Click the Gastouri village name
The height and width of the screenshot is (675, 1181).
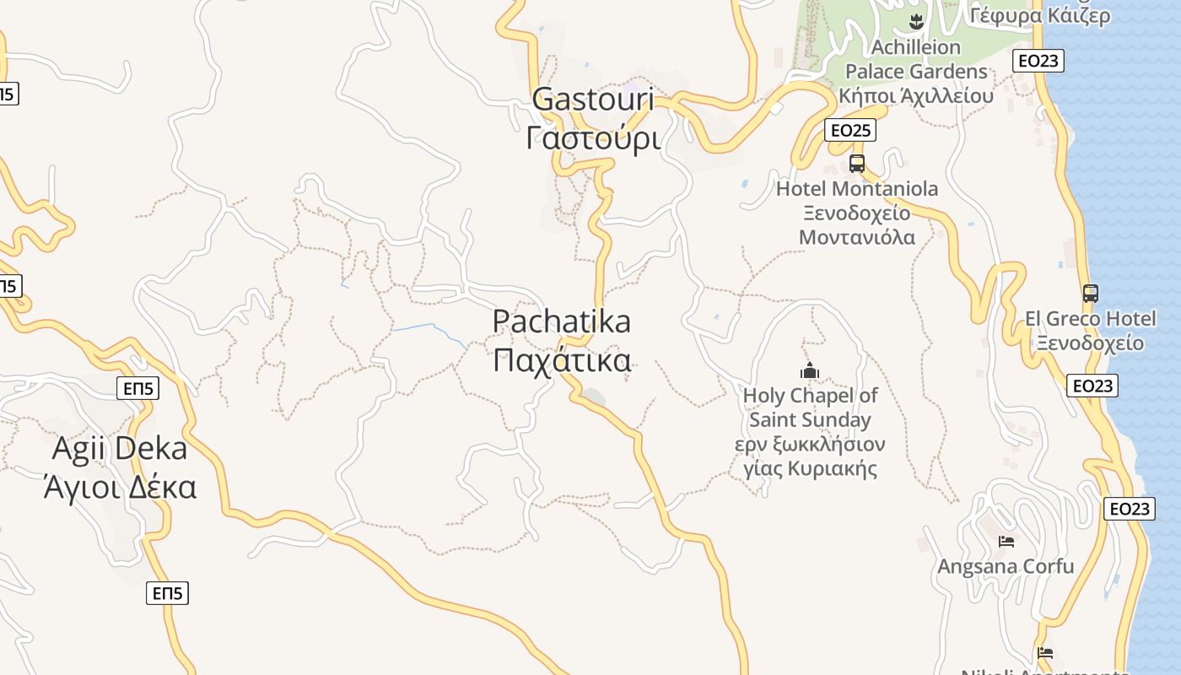pyautogui.click(x=593, y=100)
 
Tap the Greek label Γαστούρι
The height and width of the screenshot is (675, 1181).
pyautogui.click(x=593, y=138)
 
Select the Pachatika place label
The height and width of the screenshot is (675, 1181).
pyautogui.click(x=561, y=321)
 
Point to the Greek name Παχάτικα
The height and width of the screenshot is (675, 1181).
pyautogui.click(x=561, y=360)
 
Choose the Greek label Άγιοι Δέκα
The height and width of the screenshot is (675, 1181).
pyautogui.click(x=120, y=488)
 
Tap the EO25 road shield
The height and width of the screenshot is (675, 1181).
pyautogui.click(x=849, y=130)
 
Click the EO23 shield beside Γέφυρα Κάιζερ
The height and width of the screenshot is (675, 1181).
pyautogui.click(x=1038, y=61)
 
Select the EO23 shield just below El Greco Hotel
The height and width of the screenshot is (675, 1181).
pyautogui.click(x=1092, y=386)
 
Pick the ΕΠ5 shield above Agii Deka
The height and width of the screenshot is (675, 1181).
pyautogui.click(x=138, y=388)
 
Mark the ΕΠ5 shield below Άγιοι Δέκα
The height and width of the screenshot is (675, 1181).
pyautogui.click(x=167, y=593)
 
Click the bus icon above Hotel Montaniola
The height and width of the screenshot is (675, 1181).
pyautogui.click(x=857, y=164)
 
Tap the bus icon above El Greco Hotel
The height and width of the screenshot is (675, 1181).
pyautogui.click(x=1091, y=294)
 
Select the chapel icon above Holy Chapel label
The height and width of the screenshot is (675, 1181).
pyautogui.click(x=810, y=370)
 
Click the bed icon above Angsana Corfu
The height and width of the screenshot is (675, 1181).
pyautogui.click(x=1006, y=541)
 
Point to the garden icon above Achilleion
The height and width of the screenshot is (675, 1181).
pyautogui.click(x=916, y=20)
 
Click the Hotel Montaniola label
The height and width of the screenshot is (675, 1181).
pyautogui.click(x=857, y=189)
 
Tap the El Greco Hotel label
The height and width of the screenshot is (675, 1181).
pyautogui.click(x=1091, y=319)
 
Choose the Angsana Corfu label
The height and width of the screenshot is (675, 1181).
pyautogui.click(x=1006, y=566)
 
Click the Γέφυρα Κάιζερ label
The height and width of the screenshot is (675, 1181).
pyautogui.click(x=1039, y=15)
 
